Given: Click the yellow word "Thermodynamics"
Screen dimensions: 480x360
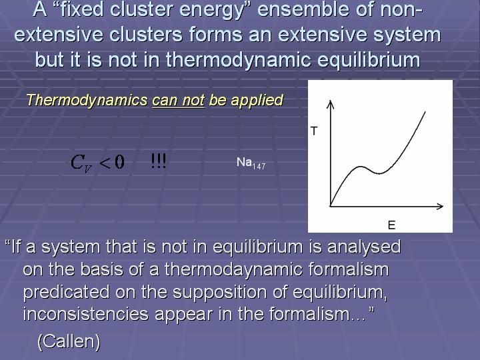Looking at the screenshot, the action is tap(87, 101).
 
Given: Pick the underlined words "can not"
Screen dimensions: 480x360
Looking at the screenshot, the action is tap(178, 101).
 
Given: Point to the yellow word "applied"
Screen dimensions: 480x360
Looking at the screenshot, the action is tap(257, 101).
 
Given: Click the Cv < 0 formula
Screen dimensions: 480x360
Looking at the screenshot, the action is tap(97, 163).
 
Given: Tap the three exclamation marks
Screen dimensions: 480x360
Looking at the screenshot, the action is tap(159, 161).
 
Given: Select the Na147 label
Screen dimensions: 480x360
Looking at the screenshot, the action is tap(251, 163).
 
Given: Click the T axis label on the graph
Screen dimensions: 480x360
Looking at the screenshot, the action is tap(314, 131).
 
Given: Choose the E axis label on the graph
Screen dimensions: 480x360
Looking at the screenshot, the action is tap(391, 225).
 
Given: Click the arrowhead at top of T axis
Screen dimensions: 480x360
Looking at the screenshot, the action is tap(330, 101).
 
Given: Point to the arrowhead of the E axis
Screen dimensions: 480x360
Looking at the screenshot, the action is tap(442, 206).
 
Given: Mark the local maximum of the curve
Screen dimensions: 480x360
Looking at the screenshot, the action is tap(361, 167).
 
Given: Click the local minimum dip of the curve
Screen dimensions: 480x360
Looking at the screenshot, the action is tap(379, 173).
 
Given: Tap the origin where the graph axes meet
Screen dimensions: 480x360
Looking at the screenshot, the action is tap(331, 206).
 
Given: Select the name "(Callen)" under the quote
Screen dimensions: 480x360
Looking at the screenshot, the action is tap(69, 341).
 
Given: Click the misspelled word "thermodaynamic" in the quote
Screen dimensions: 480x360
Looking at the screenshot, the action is tap(234, 270).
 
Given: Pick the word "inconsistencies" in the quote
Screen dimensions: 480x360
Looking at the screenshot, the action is tap(86, 314).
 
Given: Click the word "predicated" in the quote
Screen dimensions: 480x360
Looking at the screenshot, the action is tap(67, 292).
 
